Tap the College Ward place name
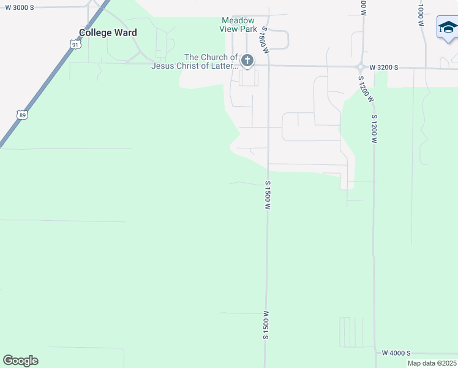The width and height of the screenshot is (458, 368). [x=108, y=33]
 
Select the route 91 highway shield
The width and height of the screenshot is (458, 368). [x=75, y=44]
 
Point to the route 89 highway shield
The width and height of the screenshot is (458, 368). [x=23, y=115]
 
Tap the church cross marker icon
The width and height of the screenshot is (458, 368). [x=247, y=60]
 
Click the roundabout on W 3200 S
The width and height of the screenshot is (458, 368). [x=361, y=67]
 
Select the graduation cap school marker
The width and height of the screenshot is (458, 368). [x=448, y=29]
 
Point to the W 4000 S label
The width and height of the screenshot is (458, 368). [x=396, y=353]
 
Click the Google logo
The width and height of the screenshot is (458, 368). [x=20, y=361]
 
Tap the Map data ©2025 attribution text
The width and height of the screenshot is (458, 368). [x=432, y=363]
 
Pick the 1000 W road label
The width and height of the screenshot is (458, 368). [x=421, y=12]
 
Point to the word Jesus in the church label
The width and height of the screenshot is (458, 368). [x=165, y=66]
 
